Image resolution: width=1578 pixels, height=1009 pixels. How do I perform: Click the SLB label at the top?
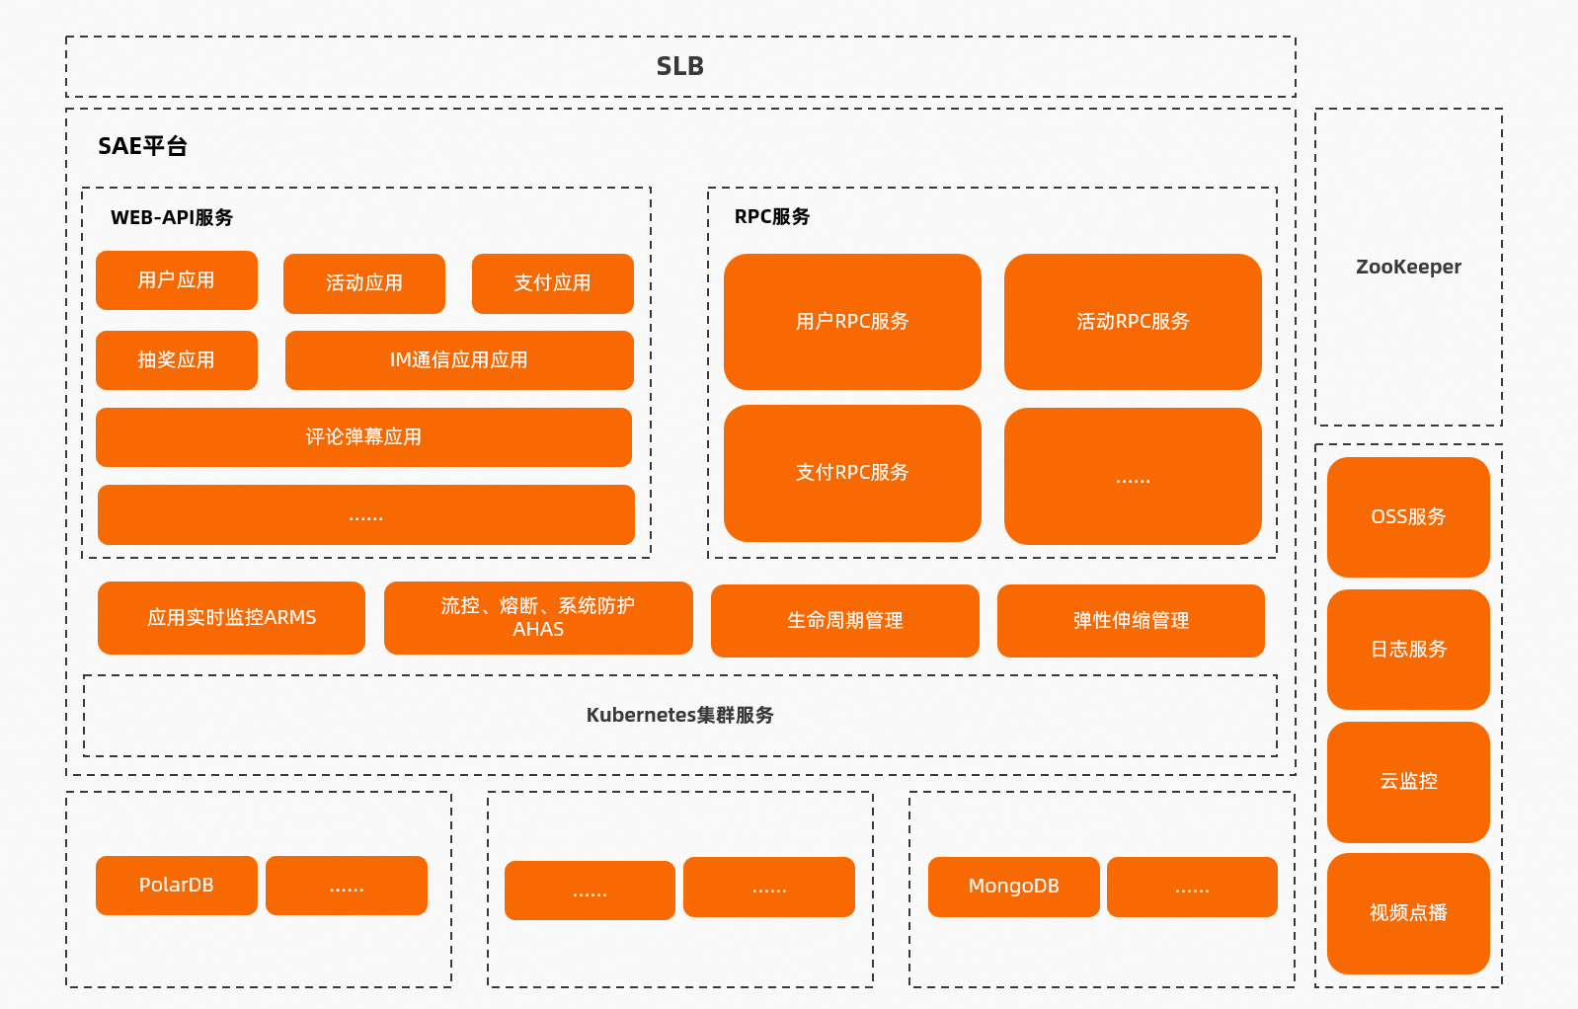[679, 66]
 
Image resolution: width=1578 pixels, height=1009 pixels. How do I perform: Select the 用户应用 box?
[177, 280]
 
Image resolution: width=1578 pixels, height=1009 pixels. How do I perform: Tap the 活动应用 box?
[364, 283]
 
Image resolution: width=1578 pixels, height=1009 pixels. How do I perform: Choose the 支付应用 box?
[553, 283]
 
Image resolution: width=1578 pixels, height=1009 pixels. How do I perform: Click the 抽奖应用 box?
[177, 360]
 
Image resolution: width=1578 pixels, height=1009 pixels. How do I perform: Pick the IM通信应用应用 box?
[459, 360]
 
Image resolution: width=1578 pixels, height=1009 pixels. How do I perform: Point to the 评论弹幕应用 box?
[363, 437]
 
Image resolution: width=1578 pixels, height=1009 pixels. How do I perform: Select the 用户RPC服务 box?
[852, 322]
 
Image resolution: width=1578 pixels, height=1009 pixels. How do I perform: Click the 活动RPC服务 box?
[1133, 322]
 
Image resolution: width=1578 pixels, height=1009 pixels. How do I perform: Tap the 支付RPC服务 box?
[852, 473]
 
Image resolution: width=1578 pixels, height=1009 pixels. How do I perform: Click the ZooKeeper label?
[1408, 267]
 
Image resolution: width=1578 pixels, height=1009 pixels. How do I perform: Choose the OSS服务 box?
[1408, 517]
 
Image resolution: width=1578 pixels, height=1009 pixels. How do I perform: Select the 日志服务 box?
[1408, 650]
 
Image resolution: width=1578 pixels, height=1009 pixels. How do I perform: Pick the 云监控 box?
[1408, 782]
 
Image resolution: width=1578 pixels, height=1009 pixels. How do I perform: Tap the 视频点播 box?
[1408, 913]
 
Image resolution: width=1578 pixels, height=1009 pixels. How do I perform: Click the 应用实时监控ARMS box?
[231, 618]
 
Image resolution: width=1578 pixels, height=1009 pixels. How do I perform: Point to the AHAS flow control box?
[538, 618]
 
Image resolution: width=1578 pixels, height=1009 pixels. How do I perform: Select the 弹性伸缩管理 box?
[1131, 621]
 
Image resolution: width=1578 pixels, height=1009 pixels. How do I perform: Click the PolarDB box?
[177, 886]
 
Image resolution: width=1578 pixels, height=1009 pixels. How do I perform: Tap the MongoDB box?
[1013, 887]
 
